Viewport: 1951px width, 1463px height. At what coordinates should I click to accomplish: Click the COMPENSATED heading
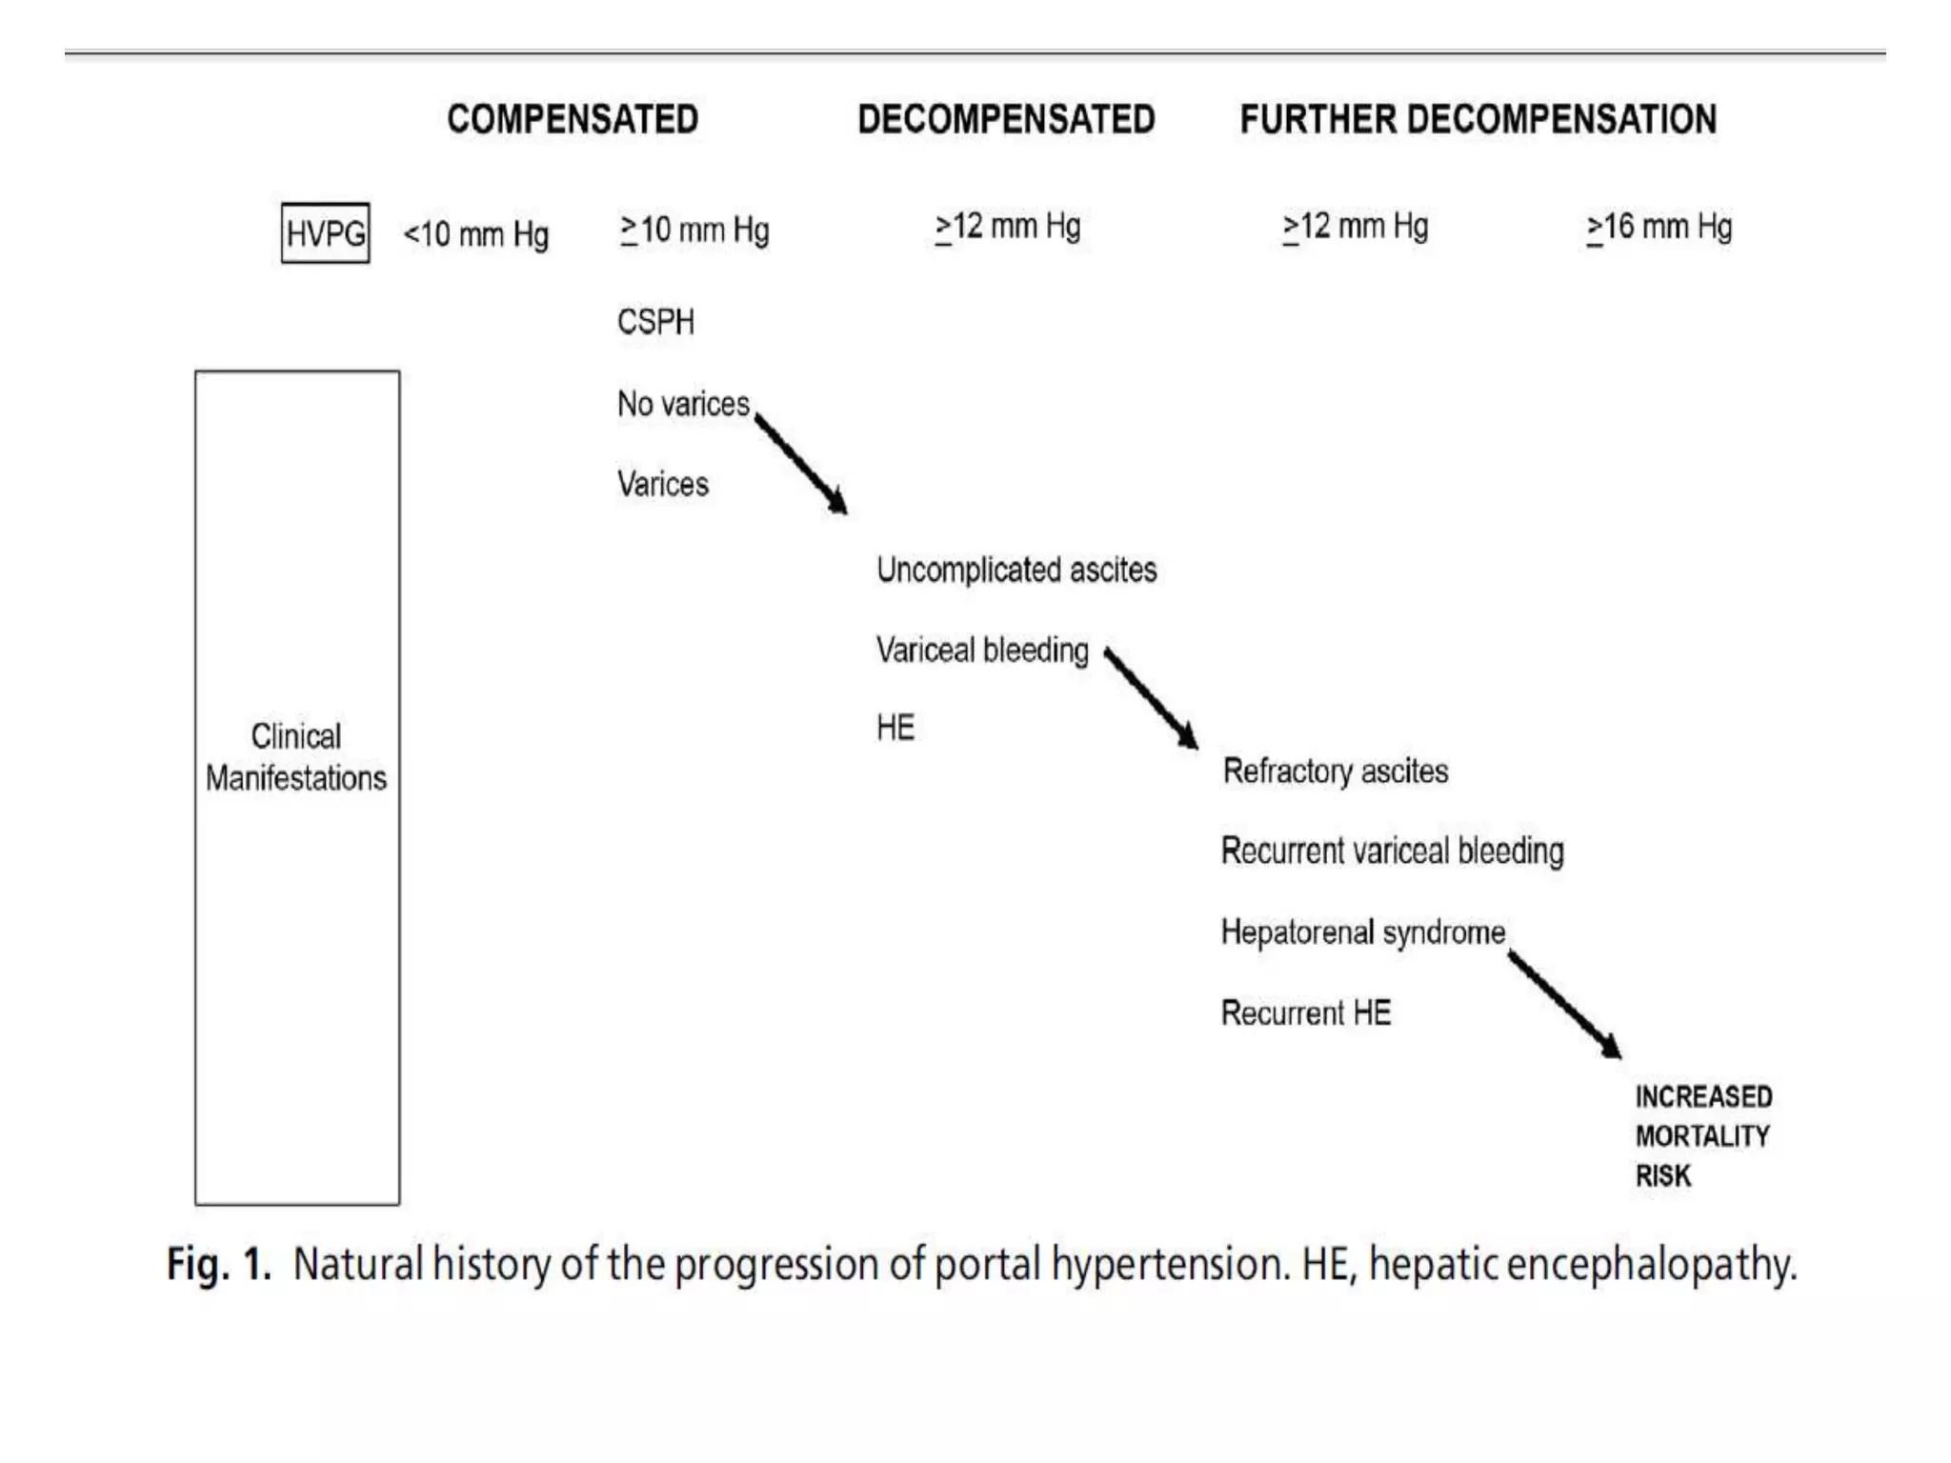573,120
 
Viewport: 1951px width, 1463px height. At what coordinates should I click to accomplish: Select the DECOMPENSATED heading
1006,120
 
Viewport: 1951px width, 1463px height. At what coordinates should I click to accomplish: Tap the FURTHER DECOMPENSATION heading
1478,120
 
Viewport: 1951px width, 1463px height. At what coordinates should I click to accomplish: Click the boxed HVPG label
326,232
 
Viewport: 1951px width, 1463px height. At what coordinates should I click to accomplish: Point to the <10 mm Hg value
476,234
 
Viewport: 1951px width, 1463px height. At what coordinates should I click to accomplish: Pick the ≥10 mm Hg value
694,230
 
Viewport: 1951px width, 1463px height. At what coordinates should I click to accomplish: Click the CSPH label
655,322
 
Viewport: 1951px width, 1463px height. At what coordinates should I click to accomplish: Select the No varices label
683,404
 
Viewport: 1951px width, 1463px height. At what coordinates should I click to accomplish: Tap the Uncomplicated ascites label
1016,570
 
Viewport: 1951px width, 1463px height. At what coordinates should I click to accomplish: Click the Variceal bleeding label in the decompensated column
982,651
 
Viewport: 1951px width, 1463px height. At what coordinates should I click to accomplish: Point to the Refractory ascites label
1336,771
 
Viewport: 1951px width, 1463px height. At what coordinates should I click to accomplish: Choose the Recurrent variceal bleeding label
1392,851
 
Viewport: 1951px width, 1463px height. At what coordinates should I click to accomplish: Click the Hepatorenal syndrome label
1363,932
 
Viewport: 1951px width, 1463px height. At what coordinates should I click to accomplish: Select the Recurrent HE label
1306,1012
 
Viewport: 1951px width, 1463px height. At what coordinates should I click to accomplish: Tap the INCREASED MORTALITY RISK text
1703,1136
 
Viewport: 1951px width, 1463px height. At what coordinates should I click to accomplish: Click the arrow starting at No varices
801,464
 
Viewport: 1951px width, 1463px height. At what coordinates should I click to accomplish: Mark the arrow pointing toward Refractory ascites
1151,698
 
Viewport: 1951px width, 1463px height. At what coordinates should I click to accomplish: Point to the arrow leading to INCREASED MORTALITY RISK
1564,1004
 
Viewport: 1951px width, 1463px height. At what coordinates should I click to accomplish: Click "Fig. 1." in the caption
219,1265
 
